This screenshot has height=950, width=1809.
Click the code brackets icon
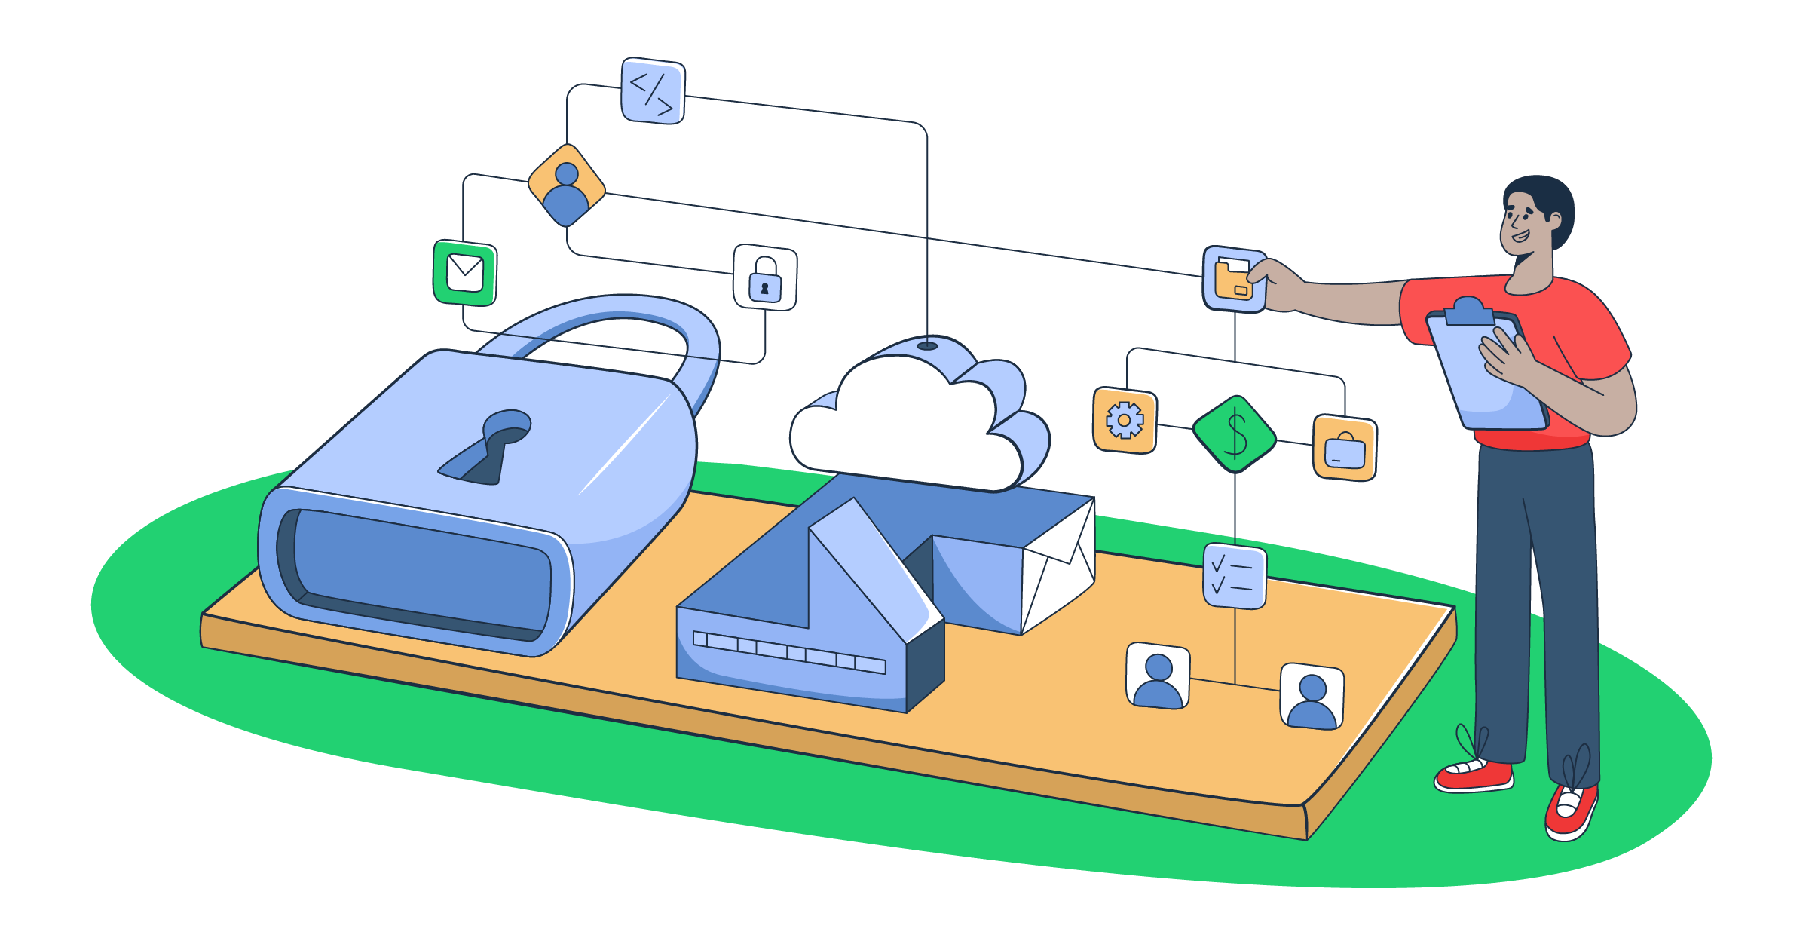tap(653, 91)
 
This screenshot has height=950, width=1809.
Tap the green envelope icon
tap(465, 273)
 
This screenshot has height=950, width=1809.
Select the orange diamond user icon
tap(566, 185)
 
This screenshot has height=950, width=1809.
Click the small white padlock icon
tap(765, 277)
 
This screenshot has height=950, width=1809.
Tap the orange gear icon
tap(1124, 420)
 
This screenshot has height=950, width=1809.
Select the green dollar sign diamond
tap(1235, 434)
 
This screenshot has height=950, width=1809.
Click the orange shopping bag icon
tap(1345, 447)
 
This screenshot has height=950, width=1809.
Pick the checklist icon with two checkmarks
tap(1235, 576)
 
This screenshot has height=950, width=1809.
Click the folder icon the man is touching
tap(1233, 279)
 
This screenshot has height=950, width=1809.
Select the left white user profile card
tap(1158, 676)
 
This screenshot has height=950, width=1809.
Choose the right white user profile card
tap(1312, 697)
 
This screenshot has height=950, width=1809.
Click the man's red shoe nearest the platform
tap(1474, 777)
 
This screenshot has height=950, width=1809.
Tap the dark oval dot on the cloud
tap(927, 346)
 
